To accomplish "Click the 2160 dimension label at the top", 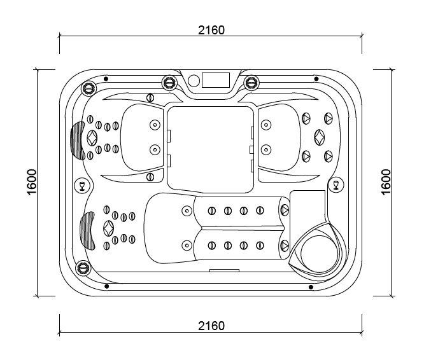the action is tap(211, 30).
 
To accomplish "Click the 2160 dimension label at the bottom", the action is tap(211, 326).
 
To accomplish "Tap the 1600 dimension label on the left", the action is tap(32, 182).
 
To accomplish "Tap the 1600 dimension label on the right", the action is tap(386, 182).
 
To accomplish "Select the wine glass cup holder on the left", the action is tap(82, 185).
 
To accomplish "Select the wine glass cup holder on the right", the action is tap(336, 184).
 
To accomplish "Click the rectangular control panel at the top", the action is tap(216, 80).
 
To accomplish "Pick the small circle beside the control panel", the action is tap(194, 80).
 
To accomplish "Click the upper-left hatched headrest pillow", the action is tap(77, 141).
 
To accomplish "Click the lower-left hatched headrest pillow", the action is tap(87, 231).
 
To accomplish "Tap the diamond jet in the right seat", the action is tap(320, 137).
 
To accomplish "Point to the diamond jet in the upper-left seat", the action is tap(92, 138).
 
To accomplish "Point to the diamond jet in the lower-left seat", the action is tap(109, 228).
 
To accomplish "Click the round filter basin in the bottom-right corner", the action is tap(318, 254).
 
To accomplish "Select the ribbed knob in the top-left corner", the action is tap(89, 87).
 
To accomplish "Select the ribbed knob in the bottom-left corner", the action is tap(82, 268).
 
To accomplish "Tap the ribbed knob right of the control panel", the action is tap(251, 82).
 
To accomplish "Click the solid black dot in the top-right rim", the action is tap(316, 79).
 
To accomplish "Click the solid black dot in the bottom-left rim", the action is tap(106, 286).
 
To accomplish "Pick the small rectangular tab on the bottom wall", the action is tap(225, 270).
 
